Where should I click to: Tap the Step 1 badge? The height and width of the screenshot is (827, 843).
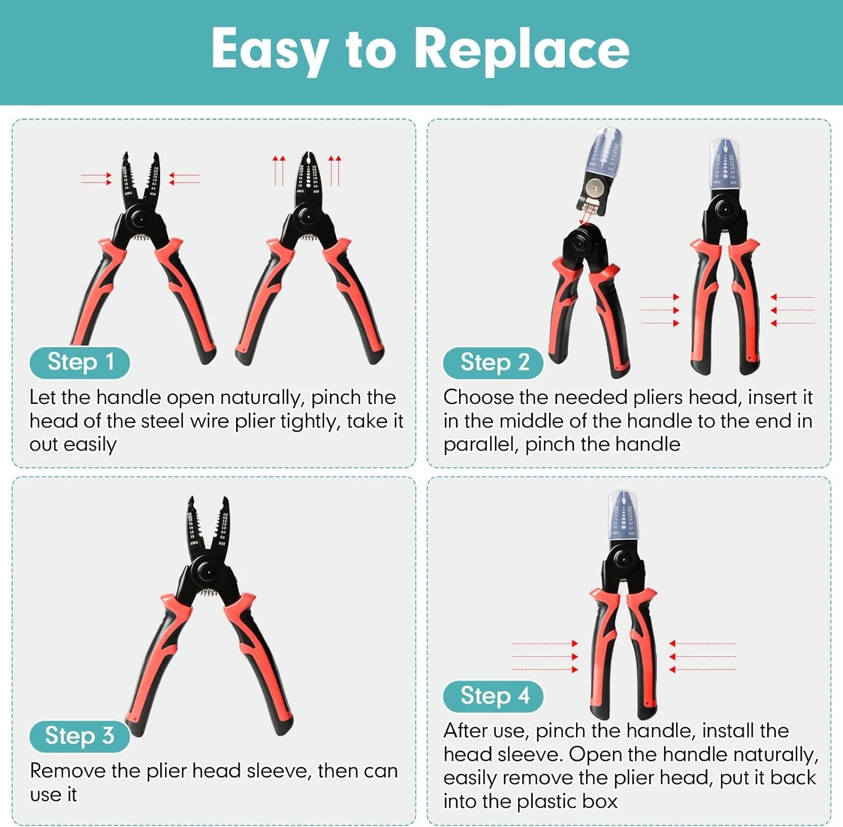(x=80, y=362)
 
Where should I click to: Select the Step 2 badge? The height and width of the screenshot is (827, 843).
(x=493, y=362)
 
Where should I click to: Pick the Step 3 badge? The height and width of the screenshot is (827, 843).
(x=79, y=735)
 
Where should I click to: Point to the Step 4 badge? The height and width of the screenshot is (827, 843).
(x=493, y=696)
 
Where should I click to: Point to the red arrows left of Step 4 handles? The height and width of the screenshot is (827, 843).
(x=544, y=656)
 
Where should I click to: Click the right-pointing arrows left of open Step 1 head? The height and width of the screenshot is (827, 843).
(x=96, y=179)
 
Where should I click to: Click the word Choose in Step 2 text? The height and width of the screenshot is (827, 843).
(x=478, y=397)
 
